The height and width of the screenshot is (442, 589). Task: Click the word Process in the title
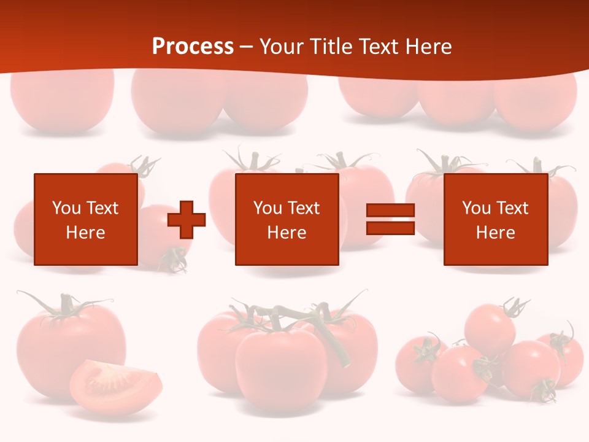point(193,47)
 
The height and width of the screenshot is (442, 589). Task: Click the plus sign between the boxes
point(187,219)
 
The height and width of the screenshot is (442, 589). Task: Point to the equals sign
point(390,219)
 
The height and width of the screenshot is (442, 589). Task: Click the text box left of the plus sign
point(85,219)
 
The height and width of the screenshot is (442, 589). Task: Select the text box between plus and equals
point(287,219)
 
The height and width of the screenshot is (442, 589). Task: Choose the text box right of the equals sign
point(495,219)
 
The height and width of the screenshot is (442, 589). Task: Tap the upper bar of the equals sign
point(390,211)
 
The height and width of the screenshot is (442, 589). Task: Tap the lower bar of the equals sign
point(390,228)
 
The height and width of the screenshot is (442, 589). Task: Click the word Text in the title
point(377,47)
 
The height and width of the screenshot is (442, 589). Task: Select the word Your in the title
point(281,47)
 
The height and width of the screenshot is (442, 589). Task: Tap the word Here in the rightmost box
point(495,233)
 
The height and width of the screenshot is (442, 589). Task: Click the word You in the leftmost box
point(66,208)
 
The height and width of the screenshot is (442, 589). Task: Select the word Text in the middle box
point(303,208)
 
